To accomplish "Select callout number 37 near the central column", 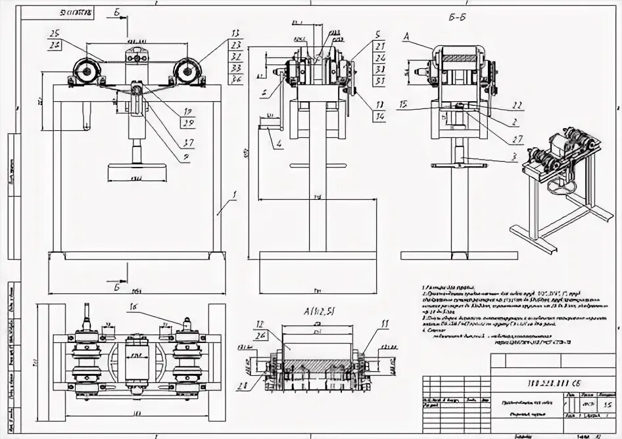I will [189, 144].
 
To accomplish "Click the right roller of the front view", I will [187, 70].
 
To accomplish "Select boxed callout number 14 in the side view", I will [380, 116].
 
